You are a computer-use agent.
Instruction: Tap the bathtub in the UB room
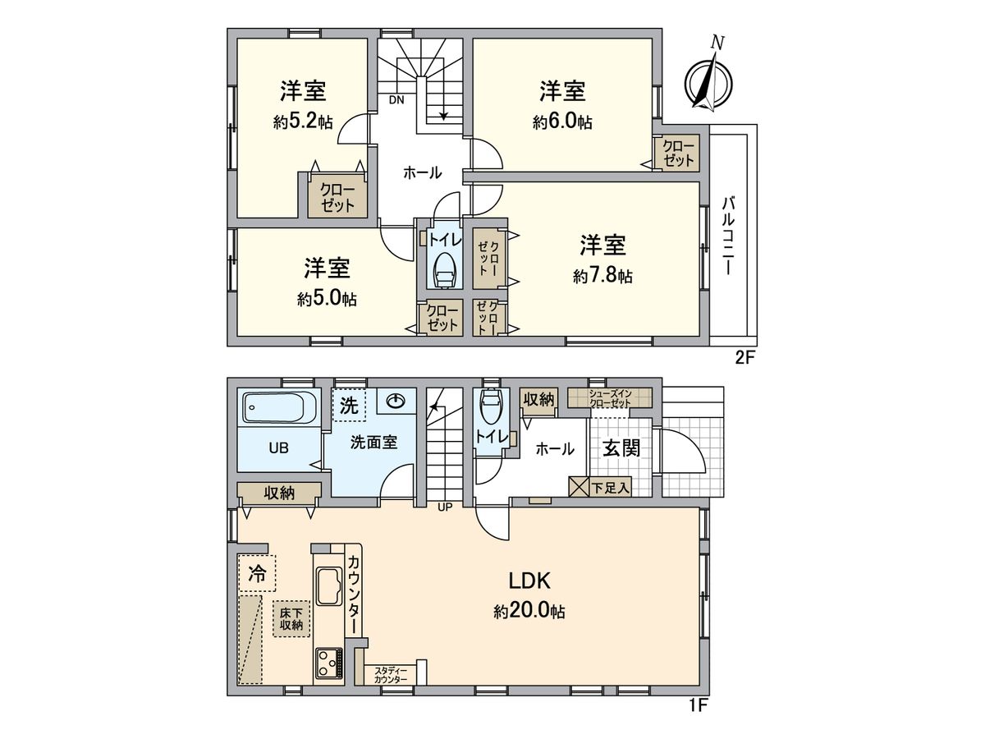[278, 408]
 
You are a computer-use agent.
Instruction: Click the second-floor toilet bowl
[444, 268]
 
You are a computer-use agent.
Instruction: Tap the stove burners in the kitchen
[329, 662]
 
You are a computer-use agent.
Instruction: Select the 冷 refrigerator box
[258, 574]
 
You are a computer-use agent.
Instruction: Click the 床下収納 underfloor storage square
[291, 618]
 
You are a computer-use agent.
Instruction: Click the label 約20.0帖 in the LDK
[529, 612]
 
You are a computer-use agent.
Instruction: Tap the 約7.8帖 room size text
[602, 277]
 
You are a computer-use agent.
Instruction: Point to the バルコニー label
[727, 235]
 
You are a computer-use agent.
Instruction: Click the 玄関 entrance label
[621, 449]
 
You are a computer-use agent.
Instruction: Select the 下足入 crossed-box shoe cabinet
[580, 487]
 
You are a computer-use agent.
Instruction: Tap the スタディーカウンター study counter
[390, 675]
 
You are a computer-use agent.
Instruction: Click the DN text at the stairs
[396, 101]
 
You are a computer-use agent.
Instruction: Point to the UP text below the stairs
[444, 507]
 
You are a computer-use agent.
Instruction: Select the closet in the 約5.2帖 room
[337, 197]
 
